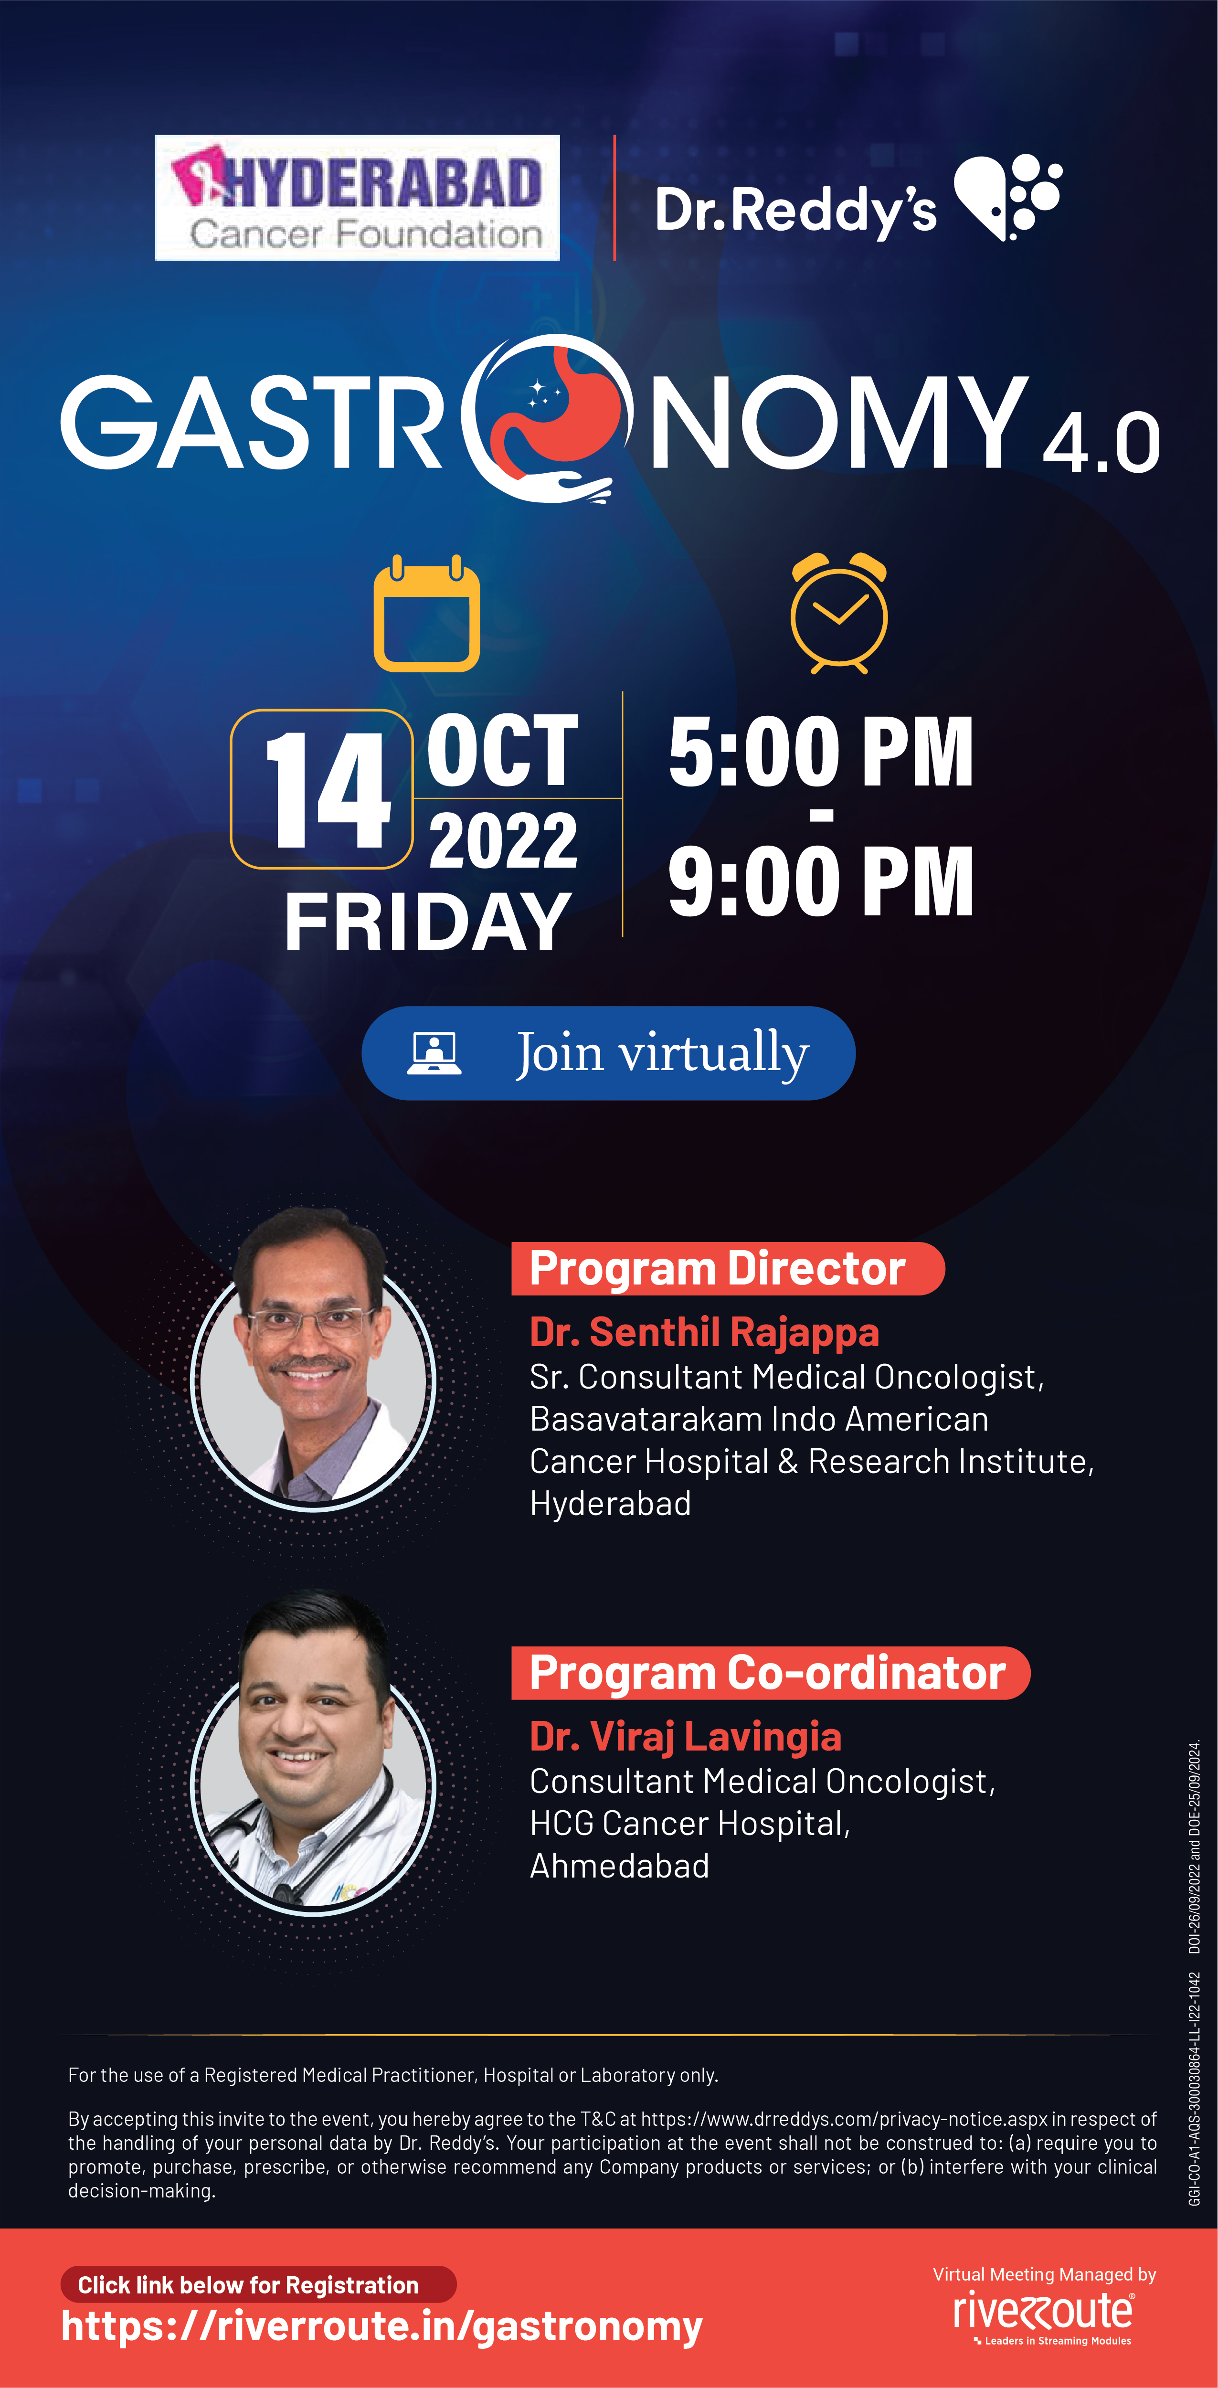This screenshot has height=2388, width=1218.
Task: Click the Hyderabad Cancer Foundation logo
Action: click(x=357, y=198)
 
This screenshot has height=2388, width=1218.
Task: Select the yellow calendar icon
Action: click(x=426, y=613)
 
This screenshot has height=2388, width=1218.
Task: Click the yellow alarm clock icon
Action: click(x=839, y=613)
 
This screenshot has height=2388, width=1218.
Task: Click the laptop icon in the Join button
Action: click(x=434, y=1053)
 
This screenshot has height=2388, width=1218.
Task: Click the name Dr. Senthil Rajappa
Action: click(x=704, y=1332)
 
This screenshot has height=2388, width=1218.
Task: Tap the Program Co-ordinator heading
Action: click(x=767, y=1673)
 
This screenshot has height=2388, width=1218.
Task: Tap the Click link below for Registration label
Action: click(x=248, y=2284)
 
